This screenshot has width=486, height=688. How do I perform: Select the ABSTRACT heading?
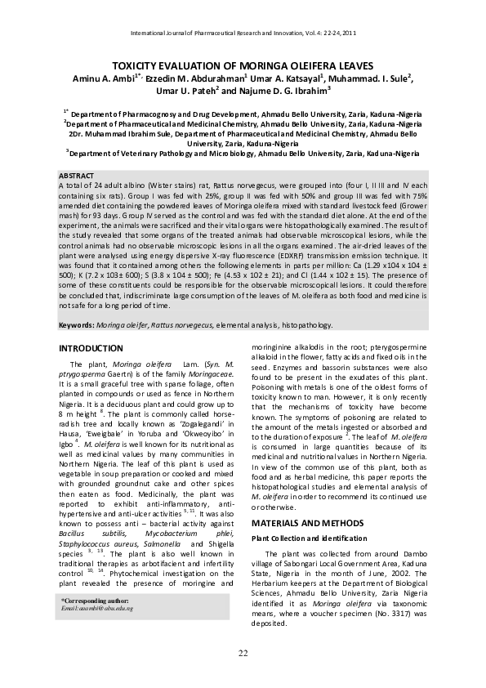coord(77,176)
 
